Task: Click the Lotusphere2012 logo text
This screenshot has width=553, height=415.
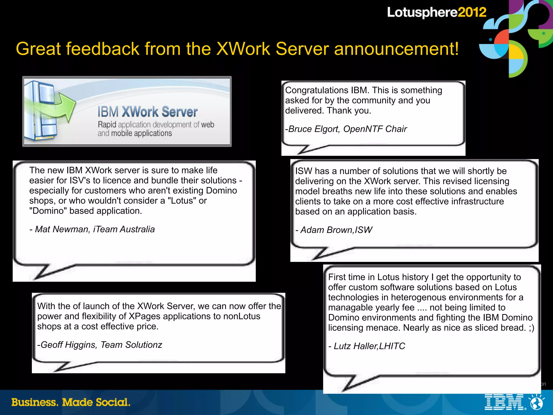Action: (x=436, y=12)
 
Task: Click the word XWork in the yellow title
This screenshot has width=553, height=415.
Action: (x=243, y=49)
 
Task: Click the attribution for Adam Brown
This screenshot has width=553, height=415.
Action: (x=334, y=230)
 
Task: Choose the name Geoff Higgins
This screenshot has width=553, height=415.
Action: (x=68, y=345)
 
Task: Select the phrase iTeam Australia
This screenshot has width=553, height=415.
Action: (x=124, y=229)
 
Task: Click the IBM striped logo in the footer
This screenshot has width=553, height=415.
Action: (x=504, y=402)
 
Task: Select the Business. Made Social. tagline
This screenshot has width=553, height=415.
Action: (x=71, y=402)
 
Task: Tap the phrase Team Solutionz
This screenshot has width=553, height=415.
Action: (x=131, y=345)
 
